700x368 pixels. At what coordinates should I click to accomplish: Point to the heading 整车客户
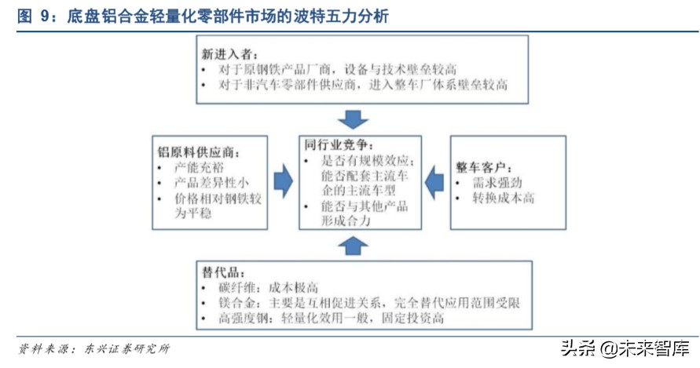[485, 167]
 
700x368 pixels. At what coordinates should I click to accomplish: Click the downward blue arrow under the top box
[353, 120]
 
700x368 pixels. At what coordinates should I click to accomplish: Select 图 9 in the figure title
[35, 16]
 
